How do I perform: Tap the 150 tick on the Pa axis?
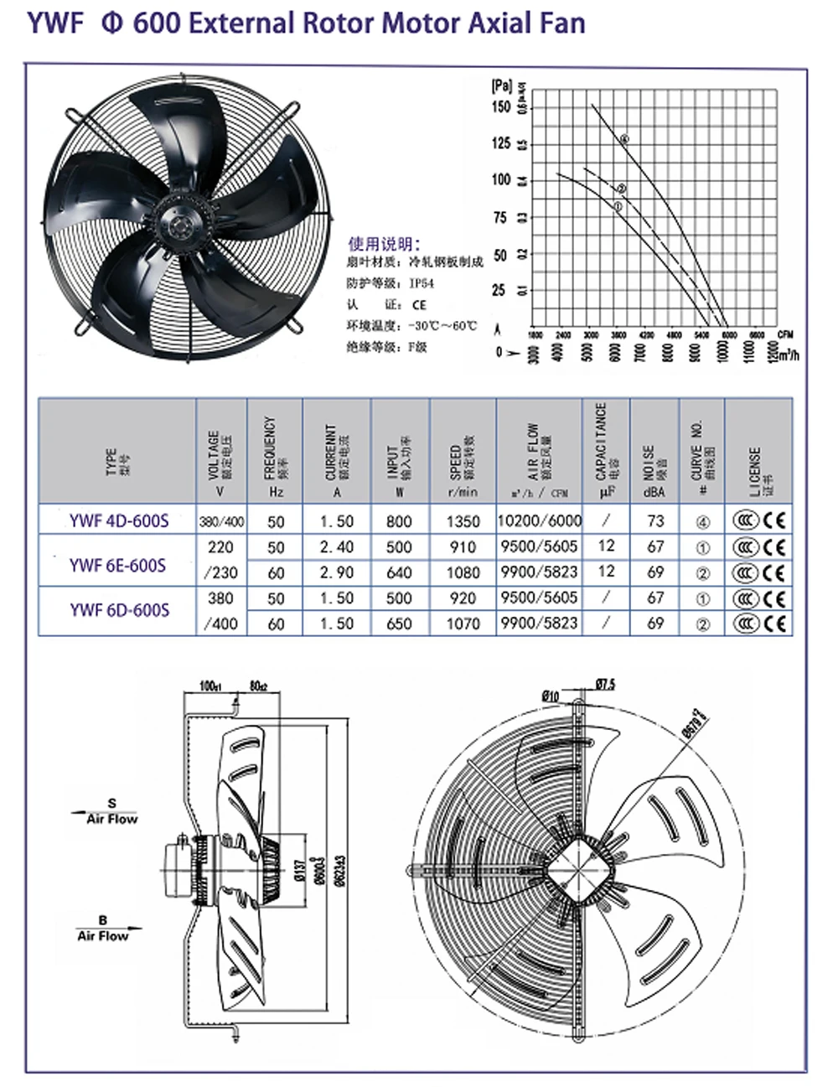pos(500,106)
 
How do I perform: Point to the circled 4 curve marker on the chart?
pos(625,138)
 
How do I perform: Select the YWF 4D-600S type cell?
pos(119,521)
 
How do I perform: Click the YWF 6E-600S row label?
pos(117,566)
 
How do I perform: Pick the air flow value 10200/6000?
pos(539,520)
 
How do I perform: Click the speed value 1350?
pos(463,521)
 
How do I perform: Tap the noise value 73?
pos(655,520)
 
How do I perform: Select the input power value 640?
pos(399,573)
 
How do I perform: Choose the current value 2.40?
pos(337,546)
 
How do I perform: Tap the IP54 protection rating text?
pos(422,284)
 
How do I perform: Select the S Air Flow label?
pos(112,812)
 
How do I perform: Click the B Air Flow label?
pos(103,929)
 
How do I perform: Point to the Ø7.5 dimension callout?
pos(604,685)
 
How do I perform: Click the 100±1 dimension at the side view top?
pos(209,686)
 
